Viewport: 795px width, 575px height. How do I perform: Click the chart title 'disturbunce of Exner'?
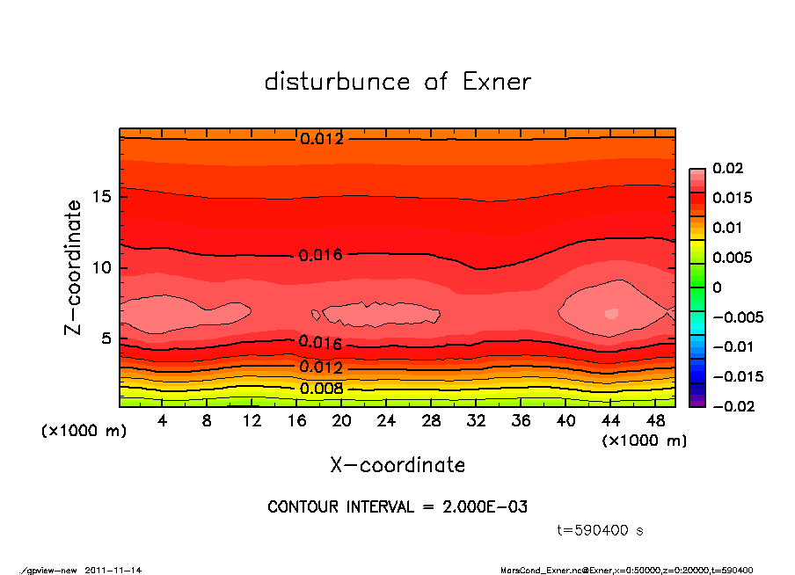(x=397, y=82)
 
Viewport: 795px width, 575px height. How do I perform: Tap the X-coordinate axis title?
(x=397, y=464)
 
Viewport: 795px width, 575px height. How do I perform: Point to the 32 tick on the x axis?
(x=476, y=421)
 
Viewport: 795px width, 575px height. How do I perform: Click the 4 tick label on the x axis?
(x=162, y=421)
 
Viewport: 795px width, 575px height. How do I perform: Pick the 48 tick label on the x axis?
(x=656, y=421)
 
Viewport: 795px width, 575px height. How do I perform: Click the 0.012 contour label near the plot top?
(x=322, y=139)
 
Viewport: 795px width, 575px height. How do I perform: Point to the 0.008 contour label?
(x=322, y=389)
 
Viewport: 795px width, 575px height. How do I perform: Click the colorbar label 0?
(x=717, y=287)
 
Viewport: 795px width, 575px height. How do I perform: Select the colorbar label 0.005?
(x=729, y=258)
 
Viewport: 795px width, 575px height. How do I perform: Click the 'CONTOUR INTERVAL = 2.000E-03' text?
(x=397, y=507)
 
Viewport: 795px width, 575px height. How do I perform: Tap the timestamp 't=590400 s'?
(x=601, y=530)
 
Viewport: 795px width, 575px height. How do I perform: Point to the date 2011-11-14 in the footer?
(x=113, y=570)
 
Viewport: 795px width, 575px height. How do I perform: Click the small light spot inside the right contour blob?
(x=611, y=312)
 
